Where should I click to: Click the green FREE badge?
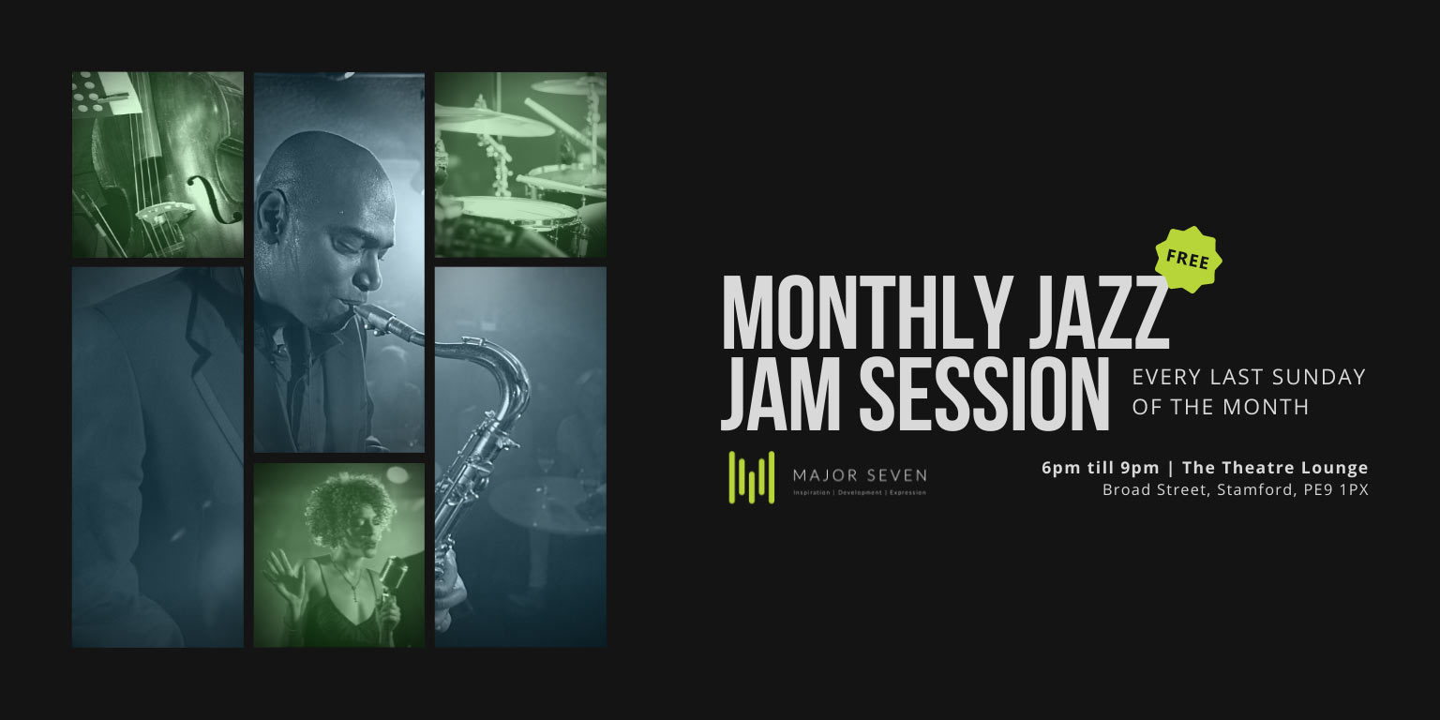tap(1188, 260)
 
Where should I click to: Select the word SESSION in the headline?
tap(984, 394)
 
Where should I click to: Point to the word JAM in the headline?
tap(780, 394)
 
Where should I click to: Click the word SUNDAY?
tap(1318, 378)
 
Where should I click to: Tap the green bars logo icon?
tap(752, 477)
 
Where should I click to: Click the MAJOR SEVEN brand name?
tap(860, 475)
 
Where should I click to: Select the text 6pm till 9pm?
tap(1101, 468)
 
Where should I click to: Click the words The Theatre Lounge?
tap(1275, 468)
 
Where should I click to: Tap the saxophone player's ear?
tap(273, 216)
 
